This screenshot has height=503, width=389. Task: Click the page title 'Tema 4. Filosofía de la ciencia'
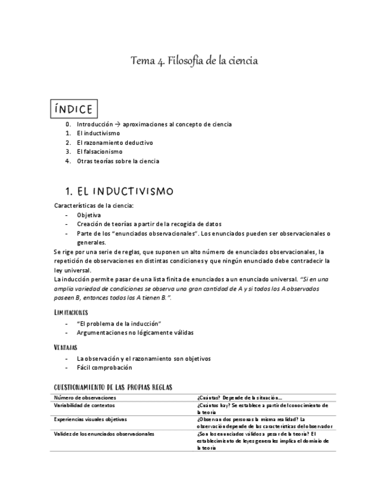tap(194, 61)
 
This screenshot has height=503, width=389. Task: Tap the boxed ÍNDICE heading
tap(74, 109)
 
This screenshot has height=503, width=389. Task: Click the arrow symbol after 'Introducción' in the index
tap(117, 125)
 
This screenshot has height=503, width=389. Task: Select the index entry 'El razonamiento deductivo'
tap(115, 142)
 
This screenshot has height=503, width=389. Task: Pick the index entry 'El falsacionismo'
tap(99, 152)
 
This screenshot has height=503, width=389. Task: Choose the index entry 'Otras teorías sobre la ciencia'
tap(118, 161)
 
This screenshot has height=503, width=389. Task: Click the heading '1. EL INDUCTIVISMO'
tap(119, 192)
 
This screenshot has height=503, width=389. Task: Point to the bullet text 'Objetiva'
tap(88, 215)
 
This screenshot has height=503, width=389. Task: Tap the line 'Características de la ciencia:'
tap(94, 205)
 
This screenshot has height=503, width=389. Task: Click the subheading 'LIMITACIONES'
tap(71, 312)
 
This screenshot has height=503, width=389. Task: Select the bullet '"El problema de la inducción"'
tap(119, 323)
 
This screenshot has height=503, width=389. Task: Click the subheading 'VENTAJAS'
tap(66, 347)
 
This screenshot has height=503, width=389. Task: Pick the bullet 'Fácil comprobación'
tap(104, 367)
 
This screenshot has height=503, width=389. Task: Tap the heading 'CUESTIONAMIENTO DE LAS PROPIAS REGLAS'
tap(113, 387)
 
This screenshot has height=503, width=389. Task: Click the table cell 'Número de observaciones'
tap(85, 397)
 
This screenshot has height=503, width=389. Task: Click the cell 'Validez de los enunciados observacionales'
tap(104, 434)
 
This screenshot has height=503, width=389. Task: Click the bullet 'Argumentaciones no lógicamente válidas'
tap(135, 332)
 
